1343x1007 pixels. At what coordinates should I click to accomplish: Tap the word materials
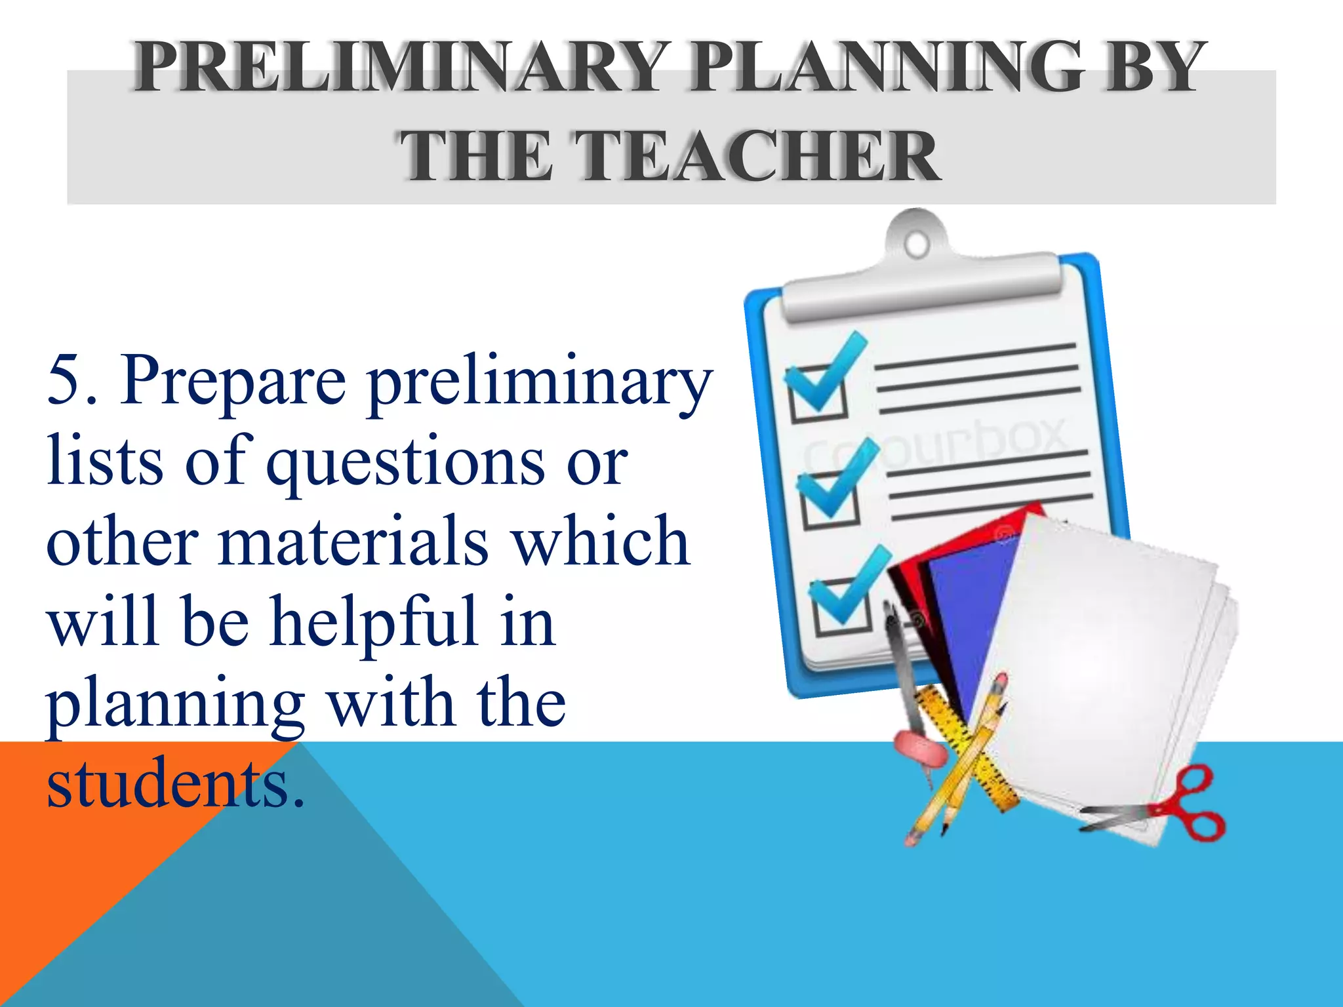(354, 542)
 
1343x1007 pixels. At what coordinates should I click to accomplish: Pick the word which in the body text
(600, 542)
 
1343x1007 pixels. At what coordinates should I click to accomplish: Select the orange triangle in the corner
(98, 826)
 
